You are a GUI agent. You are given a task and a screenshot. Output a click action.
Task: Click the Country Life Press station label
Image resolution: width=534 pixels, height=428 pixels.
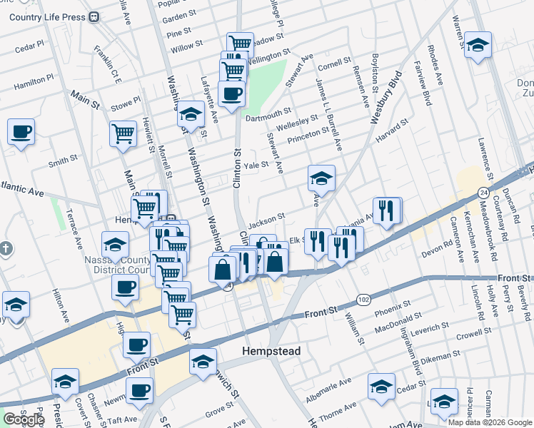pos(48,17)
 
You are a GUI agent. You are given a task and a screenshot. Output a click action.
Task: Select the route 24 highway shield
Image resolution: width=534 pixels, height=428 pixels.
pos(483,192)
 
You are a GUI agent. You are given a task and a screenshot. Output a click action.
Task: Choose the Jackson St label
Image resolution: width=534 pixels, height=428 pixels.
pos(267,215)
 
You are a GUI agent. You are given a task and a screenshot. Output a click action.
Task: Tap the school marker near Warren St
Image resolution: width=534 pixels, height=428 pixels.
pos(478,44)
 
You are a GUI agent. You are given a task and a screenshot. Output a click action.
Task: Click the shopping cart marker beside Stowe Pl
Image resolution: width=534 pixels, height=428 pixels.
pos(124,133)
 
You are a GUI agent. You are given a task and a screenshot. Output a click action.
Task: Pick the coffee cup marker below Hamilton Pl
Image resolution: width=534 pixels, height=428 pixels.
pos(21,131)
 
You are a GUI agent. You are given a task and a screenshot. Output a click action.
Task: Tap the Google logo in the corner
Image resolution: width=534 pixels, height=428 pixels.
pos(23,419)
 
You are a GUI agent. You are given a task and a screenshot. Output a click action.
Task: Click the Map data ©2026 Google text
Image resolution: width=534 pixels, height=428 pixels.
pos(490,422)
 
